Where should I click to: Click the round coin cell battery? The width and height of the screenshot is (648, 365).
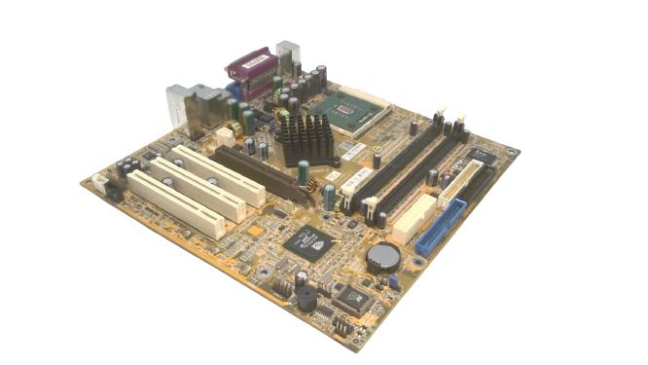click(x=382, y=256)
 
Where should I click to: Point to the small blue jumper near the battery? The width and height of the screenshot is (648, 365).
click(x=394, y=283)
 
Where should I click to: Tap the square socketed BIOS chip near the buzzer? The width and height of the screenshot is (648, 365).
click(x=355, y=299)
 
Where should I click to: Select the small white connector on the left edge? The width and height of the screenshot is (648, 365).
click(x=100, y=182)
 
